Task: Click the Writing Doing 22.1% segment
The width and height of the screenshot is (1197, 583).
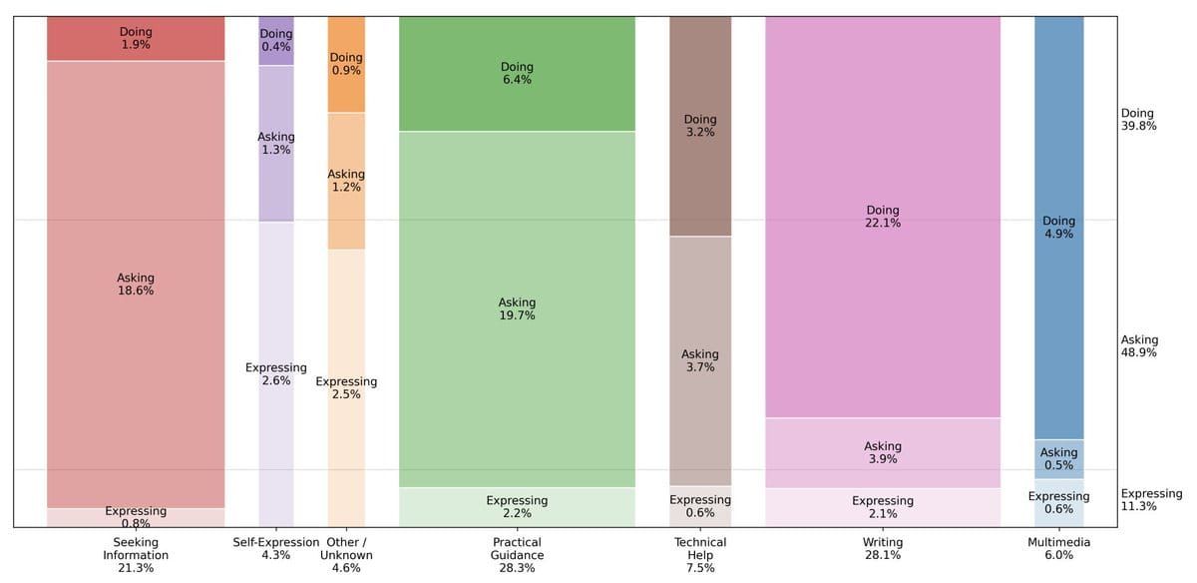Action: [883, 217]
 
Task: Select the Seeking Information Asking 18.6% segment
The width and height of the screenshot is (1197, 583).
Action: [136, 285]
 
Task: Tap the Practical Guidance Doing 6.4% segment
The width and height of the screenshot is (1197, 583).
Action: [517, 73]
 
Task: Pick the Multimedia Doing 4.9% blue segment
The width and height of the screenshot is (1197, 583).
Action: [1058, 228]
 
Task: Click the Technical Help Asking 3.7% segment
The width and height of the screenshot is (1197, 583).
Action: [699, 360]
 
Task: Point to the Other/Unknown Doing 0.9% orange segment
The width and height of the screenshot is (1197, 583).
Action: [346, 64]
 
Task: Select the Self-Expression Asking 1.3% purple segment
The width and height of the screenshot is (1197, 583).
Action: [276, 143]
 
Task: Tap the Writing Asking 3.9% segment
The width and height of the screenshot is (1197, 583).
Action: [883, 452]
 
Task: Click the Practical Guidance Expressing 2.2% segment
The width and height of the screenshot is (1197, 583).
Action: [517, 506]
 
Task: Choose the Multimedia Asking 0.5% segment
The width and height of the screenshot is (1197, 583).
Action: [1058, 459]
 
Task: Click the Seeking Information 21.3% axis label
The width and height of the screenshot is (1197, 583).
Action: [136, 555]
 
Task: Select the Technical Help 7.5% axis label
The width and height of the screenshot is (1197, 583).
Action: [700, 555]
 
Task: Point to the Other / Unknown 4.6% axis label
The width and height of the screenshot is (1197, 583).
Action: [346, 555]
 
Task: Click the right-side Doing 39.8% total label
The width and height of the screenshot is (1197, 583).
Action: [1137, 120]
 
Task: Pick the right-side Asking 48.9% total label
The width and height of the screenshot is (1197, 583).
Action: [1139, 346]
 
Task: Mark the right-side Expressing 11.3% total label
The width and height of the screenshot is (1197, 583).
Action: [1150, 500]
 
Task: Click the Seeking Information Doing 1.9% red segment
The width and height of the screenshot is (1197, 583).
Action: [136, 38]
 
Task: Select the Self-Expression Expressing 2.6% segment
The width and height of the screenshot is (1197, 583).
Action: [276, 373]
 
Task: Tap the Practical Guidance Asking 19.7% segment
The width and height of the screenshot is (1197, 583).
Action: [517, 308]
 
